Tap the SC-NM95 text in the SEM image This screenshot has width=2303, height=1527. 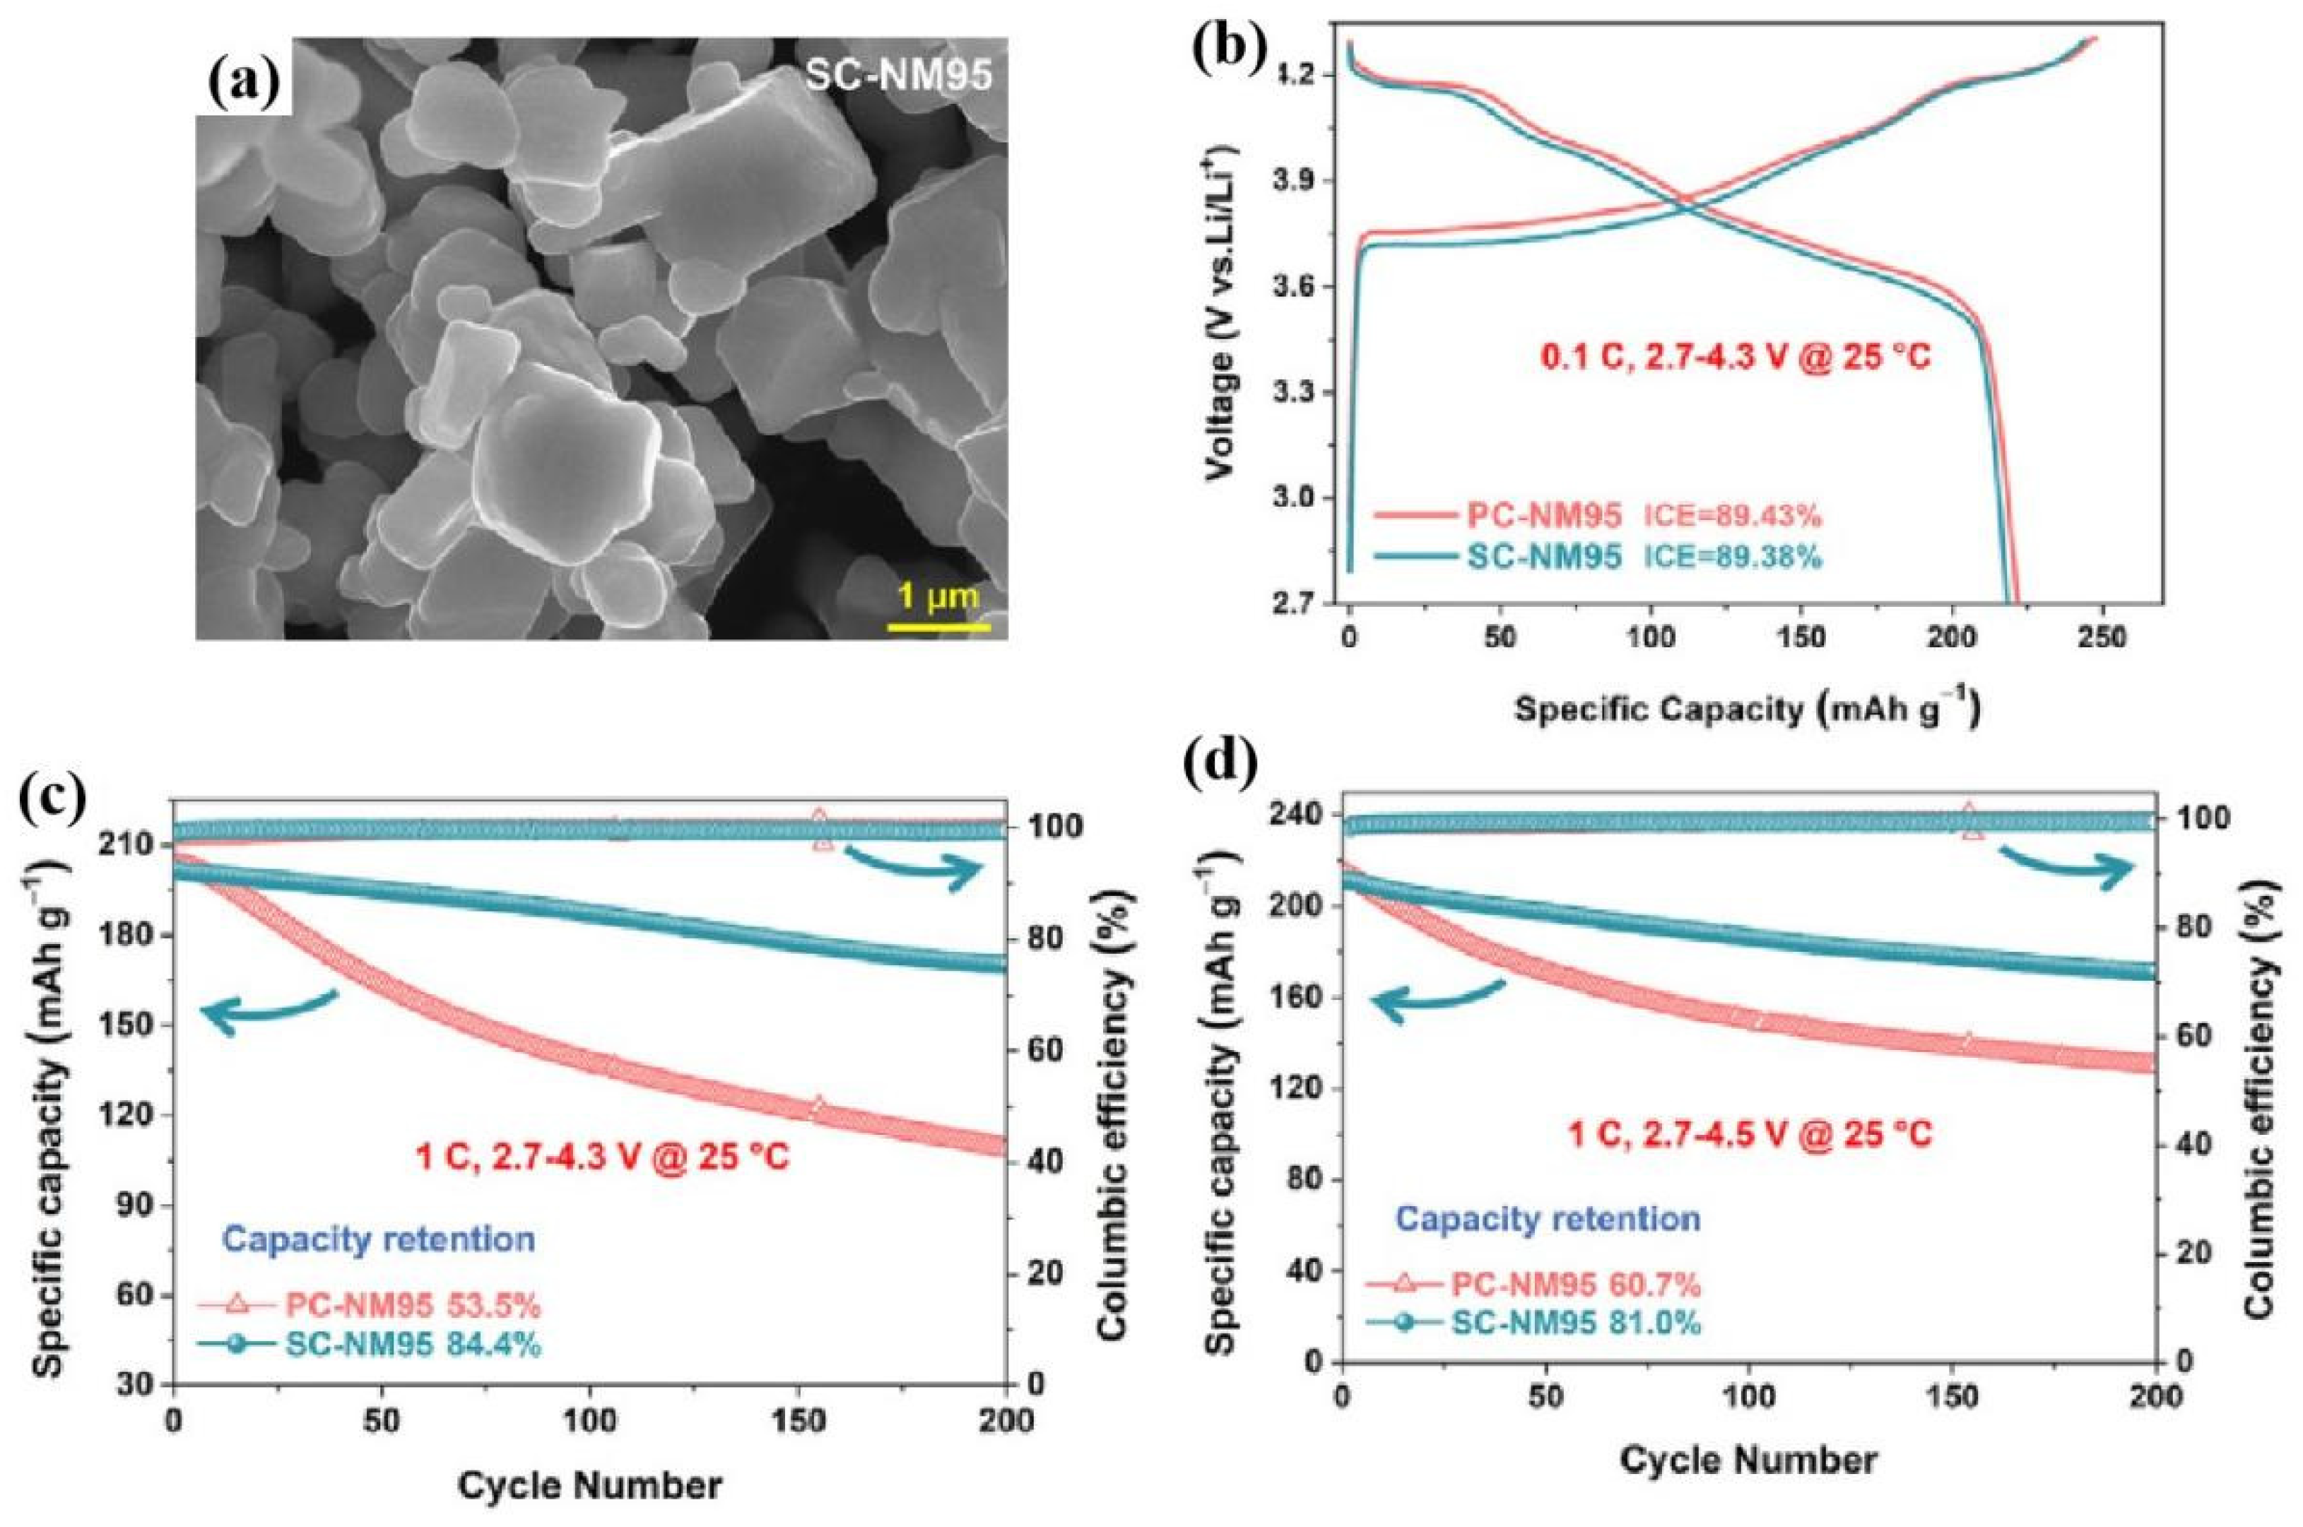pyautogui.click(x=899, y=76)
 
